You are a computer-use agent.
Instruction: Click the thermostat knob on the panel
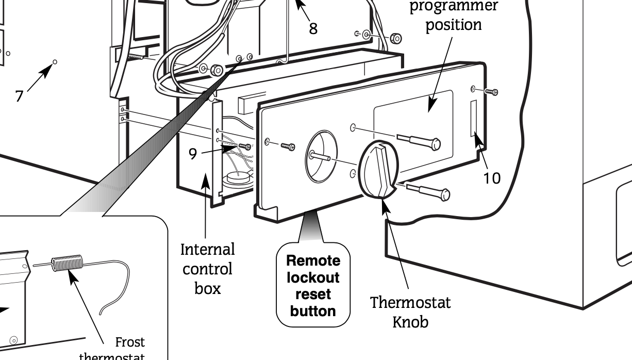click(x=378, y=170)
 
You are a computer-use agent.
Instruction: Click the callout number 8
click(x=313, y=28)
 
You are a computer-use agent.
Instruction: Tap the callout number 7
click(x=19, y=96)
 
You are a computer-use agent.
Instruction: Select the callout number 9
click(x=192, y=154)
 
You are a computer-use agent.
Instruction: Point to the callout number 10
click(x=491, y=178)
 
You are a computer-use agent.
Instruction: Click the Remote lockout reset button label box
click(x=313, y=285)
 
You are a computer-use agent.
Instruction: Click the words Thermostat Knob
click(x=410, y=312)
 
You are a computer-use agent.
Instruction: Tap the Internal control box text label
click(x=208, y=269)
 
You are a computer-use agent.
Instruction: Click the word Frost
click(x=129, y=342)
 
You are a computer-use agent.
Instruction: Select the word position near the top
click(x=454, y=25)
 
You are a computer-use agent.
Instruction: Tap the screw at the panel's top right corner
click(x=492, y=92)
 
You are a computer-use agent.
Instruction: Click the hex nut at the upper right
click(x=396, y=38)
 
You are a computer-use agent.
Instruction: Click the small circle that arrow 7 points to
click(x=55, y=62)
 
